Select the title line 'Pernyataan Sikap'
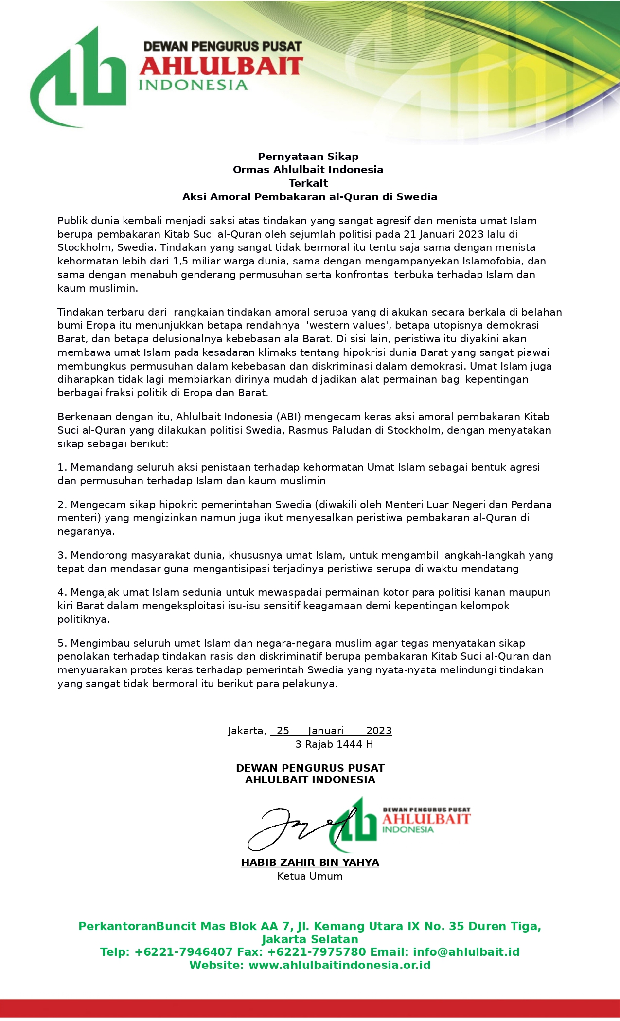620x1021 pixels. (x=308, y=157)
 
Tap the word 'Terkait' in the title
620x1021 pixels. (x=308, y=183)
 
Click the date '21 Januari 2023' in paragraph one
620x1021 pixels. (x=445, y=234)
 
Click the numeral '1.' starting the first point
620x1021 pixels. (x=62, y=468)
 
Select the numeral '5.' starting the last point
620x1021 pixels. (x=62, y=643)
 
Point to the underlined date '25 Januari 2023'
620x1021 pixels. (x=331, y=731)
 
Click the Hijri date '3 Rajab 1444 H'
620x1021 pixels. (x=334, y=744)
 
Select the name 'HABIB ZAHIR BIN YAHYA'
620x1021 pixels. (x=310, y=863)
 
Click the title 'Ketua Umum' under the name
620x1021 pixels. (x=310, y=876)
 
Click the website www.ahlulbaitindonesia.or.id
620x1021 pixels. (x=339, y=965)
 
